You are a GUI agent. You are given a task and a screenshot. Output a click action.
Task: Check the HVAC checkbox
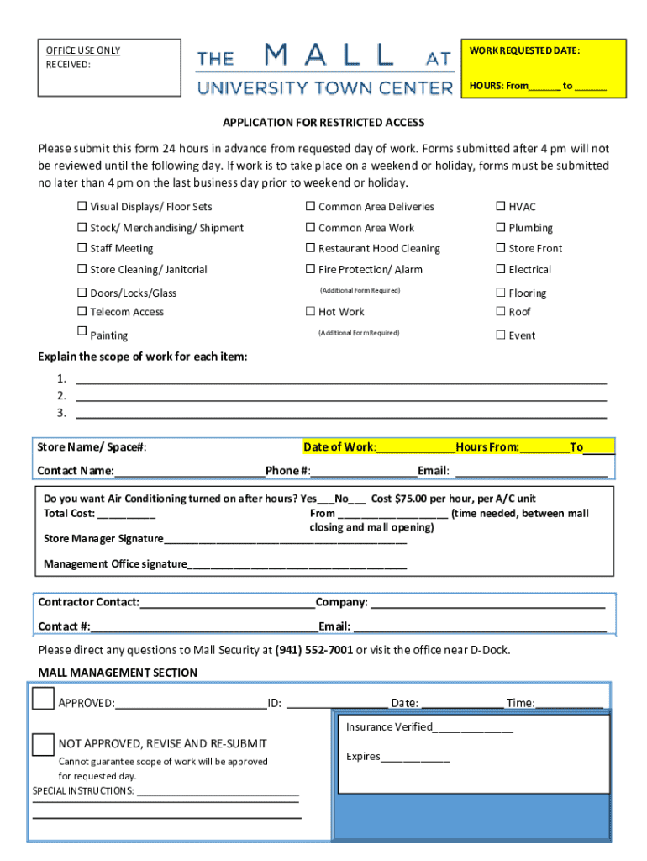pos(500,207)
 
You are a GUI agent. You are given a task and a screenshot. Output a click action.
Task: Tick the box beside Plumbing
pos(500,228)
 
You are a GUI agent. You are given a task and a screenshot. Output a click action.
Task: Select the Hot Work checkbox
pos(310,312)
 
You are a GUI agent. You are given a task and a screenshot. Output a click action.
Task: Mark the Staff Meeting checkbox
pos(82,249)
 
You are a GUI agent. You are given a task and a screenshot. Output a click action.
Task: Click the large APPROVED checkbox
pos(43,699)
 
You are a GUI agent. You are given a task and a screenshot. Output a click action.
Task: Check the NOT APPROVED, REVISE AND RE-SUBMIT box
pos(43,744)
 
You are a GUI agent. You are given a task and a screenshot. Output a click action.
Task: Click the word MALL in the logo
pos(329,57)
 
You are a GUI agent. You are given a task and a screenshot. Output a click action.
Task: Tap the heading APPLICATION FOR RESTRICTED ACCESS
pos(323,123)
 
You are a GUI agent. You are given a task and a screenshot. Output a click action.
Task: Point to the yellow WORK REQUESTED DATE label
pos(524,51)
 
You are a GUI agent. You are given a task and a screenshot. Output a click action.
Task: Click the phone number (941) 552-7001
pos(313,650)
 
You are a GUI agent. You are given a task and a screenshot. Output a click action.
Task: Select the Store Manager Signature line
pos(285,539)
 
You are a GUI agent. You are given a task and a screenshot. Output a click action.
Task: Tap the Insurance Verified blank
pos(472,728)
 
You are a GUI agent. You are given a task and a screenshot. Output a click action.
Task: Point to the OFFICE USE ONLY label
pos(82,50)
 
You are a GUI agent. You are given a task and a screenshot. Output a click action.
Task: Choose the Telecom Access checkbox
pos(82,312)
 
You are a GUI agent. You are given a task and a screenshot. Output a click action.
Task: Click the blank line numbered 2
pos(340,396)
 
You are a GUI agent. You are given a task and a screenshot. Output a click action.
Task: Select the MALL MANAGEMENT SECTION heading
pos(118,673)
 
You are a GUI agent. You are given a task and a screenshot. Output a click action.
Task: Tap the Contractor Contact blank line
pos(227,603)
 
